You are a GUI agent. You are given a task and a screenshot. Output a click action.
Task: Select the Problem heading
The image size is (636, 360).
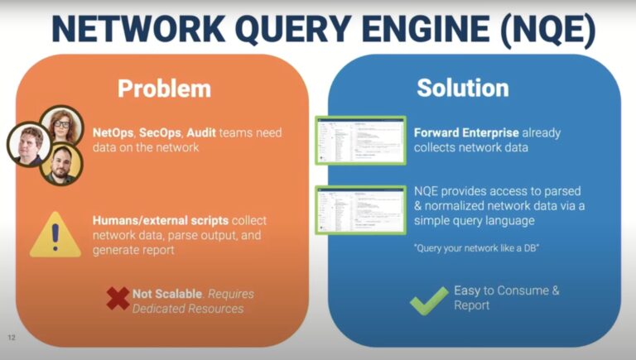(164, 89)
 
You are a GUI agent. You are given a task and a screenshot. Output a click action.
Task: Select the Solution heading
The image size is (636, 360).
(462, 89)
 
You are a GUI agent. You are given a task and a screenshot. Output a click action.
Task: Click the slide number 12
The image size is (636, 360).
(12, 338)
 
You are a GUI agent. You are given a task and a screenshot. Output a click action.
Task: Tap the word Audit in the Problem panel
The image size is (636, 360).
(201, 132)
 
